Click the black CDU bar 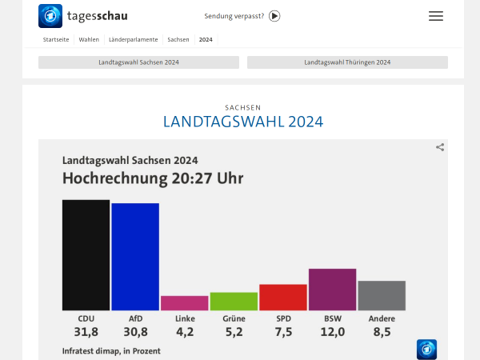(86, 254)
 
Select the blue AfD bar (135, 257)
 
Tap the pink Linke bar (184, 303)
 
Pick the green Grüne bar (234, 302)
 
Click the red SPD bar (283, 298)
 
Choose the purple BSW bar (332, 290)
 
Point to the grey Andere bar (382, 295)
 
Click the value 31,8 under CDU (86, 332)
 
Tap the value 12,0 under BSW (332, 332)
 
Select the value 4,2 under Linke (184, 332)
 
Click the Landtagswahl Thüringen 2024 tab (347, 62)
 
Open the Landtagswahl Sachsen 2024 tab (138, 62)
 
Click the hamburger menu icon (436, 16)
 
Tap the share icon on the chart (440, 147)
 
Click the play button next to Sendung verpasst (274, 16)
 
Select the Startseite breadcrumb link (55, 39)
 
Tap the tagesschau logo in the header (83, 16)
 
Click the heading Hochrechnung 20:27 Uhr (153, 178)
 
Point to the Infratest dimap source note (111, 350)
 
